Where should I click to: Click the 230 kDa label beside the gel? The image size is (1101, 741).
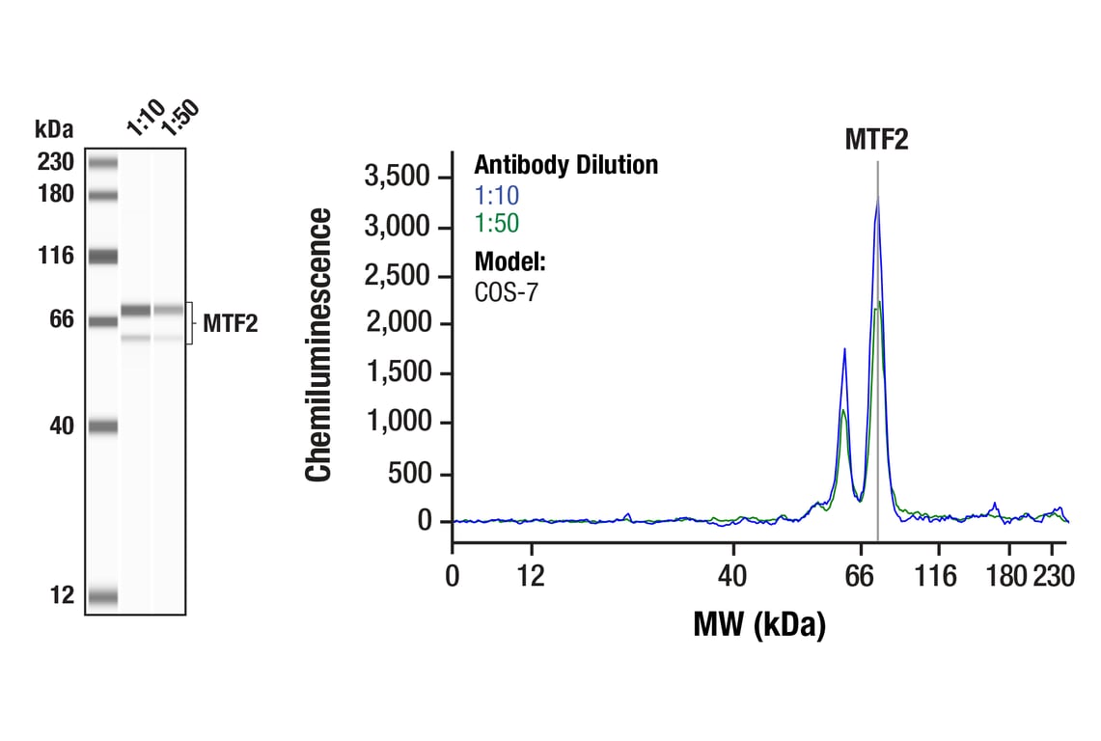(x=56, y=162)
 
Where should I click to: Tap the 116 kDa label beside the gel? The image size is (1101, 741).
(x=56, y=257)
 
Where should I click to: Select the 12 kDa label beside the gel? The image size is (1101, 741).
(x=62, y=596)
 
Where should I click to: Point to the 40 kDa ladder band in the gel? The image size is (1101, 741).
(x=102, y=425)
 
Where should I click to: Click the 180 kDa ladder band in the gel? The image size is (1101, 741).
(x=102, y=195)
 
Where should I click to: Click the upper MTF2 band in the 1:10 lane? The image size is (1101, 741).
(x=135, y=311)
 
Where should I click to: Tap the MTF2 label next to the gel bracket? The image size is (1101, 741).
(x=230, y=324)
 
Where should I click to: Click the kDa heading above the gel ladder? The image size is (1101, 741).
(x=54, y=129)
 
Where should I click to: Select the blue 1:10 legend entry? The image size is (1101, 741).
(x=496, y=195)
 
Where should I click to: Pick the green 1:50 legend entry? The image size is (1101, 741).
(x=496, y=224)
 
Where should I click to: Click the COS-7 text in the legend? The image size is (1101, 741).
(x=506, y=291)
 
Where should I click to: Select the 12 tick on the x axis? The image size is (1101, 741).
(x=531, y=577)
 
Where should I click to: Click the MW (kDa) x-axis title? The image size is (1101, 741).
(x=759, y=625)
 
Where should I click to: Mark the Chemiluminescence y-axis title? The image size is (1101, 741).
(x=319, y=344)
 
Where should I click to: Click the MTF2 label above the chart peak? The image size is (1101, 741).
(x=876, y=140)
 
